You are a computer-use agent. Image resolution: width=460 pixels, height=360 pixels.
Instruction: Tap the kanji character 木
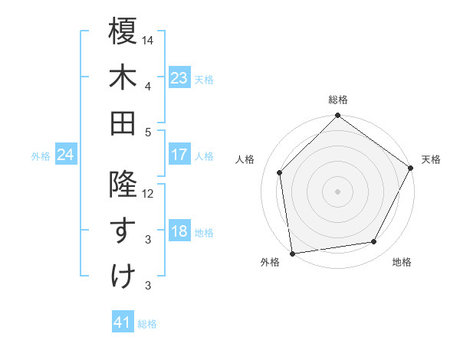(x=123, y=77)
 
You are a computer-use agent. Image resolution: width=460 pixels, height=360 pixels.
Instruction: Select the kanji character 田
(x=123, y=123)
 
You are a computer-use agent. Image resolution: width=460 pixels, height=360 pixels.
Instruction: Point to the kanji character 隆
(x=123, y=185)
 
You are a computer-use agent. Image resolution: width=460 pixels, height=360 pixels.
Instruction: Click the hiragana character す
(x=123, y=231)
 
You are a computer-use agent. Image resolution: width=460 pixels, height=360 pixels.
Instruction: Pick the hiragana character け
(x=123, y=277)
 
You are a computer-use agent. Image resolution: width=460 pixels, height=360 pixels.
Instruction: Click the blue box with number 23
(x=179, y=77)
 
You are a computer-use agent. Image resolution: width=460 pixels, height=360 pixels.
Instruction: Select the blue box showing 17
(x=179, y=155)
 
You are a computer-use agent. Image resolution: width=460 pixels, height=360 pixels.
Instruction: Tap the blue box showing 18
(x=179, y=231)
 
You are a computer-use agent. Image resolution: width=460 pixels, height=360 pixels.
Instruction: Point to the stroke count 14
(x=148, y=39)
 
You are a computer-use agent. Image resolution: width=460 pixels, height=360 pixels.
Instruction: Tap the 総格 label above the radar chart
(x=338, y=100)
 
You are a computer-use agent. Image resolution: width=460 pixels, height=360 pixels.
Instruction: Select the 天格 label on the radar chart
(x=432, y=159)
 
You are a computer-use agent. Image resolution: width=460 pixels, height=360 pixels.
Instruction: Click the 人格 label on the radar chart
(x=245, y=159)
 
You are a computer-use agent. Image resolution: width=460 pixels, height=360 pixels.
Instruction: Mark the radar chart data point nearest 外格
(x=292, y=253)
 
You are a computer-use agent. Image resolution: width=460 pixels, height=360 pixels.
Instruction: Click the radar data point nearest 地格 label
(x=374, y=242)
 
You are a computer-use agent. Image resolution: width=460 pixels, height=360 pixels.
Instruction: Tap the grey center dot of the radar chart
(x=338, y=191)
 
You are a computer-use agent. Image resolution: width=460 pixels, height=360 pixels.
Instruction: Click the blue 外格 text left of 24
(x=41, y=156)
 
